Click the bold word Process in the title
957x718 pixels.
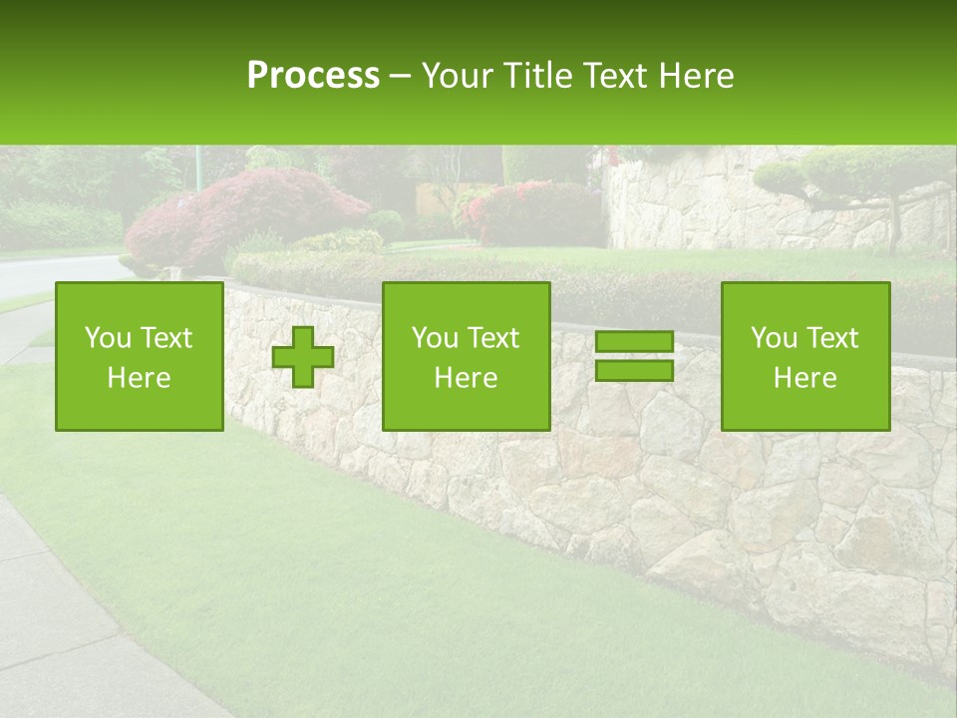point(313,76)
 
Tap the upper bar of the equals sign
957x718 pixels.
point(634,341)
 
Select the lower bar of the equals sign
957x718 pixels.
point(634,371)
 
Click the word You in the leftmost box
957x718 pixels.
point(107,338)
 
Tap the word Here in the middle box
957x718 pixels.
point(467,378)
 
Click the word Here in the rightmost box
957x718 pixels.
point(805,378)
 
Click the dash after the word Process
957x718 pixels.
point(400,77)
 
